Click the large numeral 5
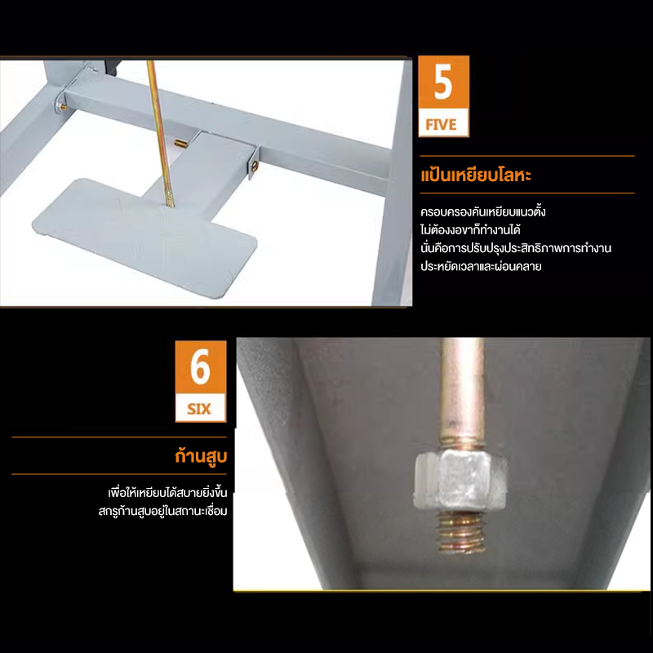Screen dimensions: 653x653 pos(443,82)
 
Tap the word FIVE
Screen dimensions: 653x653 pos(441,125)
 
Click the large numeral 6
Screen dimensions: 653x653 pos(200,367)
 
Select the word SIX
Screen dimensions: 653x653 pos(199,409)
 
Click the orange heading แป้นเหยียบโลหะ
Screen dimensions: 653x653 pos(476,175)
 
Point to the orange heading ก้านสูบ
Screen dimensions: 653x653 pos(201,456)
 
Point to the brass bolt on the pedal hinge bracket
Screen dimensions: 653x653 pos(255,167)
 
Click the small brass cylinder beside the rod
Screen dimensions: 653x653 pos(180,144)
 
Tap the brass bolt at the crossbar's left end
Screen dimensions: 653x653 pos(64,108)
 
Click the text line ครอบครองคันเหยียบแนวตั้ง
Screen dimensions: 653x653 pos(483,211)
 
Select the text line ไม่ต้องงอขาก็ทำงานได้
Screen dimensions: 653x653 pos(471,229)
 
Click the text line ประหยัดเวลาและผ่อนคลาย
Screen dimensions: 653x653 pos(481,266)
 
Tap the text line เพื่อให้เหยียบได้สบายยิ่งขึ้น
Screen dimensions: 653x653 pos(168,493)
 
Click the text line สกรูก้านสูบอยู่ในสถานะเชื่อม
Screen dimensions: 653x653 pos(162,512)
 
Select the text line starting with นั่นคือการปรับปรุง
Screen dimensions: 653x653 pos(516,248)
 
